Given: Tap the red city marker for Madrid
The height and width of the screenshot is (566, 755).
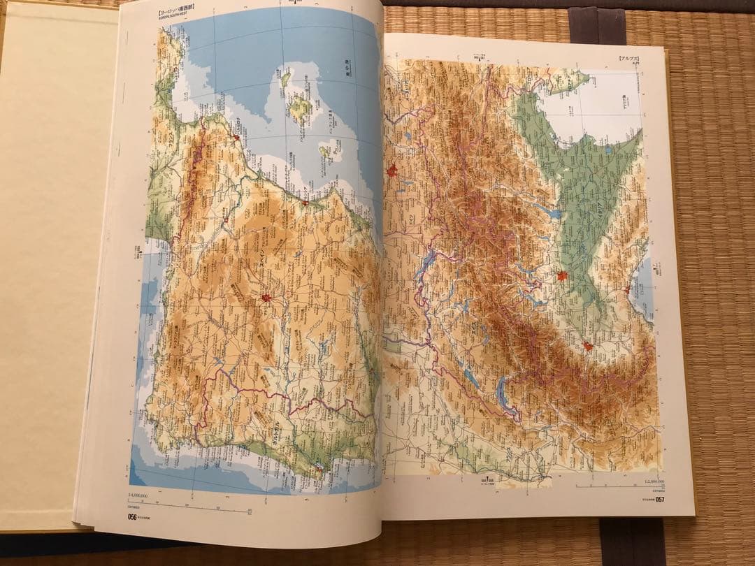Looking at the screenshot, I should tap(266, 298).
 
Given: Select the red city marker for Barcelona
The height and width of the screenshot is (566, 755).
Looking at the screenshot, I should tap(236, 138).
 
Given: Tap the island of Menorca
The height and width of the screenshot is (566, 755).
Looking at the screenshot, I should tap(285, 76).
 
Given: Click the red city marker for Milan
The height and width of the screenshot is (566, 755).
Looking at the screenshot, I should tap(562, 276).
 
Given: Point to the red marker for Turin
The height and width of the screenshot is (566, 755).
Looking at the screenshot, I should tap(587, 345).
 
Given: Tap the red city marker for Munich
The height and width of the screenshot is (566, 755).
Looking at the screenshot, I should tap(393, 170).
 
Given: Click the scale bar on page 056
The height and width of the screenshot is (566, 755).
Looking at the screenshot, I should tap(189, 509).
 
